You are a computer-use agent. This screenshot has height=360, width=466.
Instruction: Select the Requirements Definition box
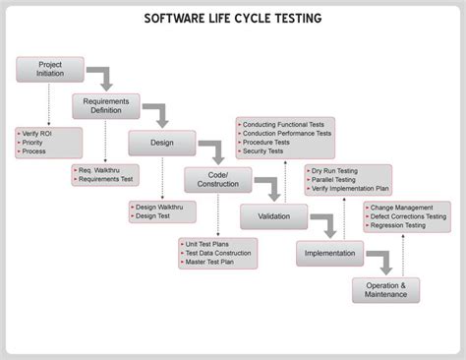(x=102, y=106)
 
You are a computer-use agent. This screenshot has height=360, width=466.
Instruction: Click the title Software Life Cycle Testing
(x=232, y=19)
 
